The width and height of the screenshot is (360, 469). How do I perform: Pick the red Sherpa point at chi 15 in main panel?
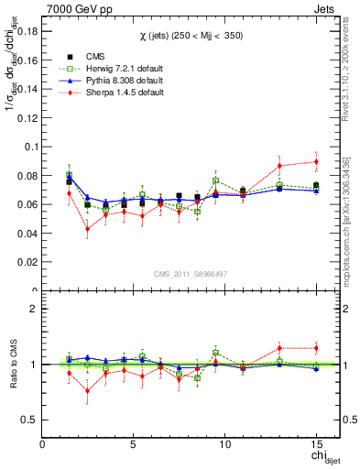click(x=316, y=161)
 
